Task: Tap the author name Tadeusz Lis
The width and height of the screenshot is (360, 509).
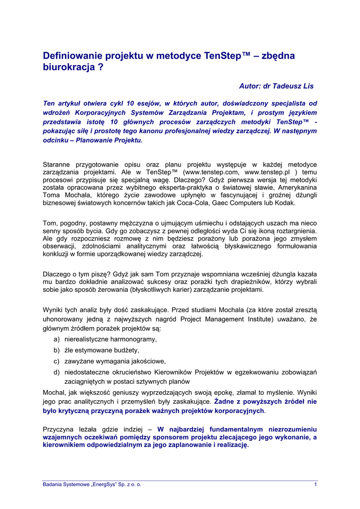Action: [x=295, y=86]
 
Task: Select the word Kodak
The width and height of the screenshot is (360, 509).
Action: [x=285, y=203]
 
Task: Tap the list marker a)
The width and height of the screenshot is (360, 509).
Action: [x=57, y=339]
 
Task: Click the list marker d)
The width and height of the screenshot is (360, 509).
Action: [x=57, y=372]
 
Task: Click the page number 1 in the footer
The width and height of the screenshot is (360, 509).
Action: [x=316, y=485]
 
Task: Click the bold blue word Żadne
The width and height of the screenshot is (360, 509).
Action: [x=223, y=401]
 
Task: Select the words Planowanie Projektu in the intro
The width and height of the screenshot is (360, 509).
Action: [x=108, y=140]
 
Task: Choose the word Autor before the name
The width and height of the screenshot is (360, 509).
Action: [x=250, y=86]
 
